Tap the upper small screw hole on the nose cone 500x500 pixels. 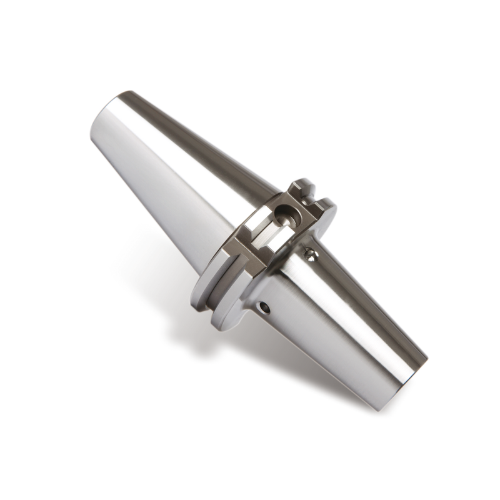tap(308, 253)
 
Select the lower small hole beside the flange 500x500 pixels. tap(264, 307)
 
